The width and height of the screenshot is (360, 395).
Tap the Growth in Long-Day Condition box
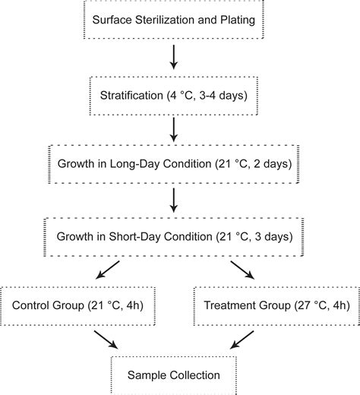pos(174,163)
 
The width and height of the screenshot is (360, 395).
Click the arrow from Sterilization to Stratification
pos(174,56)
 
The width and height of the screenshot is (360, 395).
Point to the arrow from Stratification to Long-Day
pos(174,128)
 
